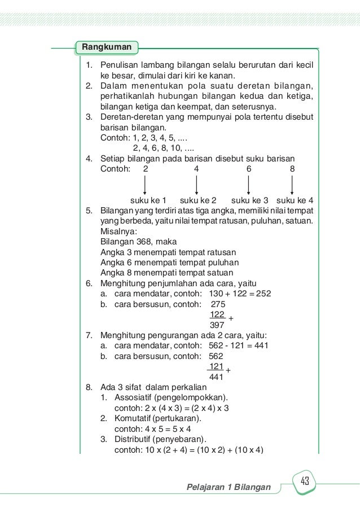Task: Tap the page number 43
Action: point(305,482)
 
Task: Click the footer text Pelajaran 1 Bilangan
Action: point(229,487)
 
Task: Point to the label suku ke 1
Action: point(148,200)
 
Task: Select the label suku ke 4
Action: point(295,200)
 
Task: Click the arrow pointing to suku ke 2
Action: point(196,185)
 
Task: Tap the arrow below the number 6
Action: point(249,185)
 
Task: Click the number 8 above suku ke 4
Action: point(292,169)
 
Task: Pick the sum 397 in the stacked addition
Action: point(217,325)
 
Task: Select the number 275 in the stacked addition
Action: point(217,304)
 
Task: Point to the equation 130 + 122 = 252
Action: point(240,294)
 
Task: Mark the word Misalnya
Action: point(118,231)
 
